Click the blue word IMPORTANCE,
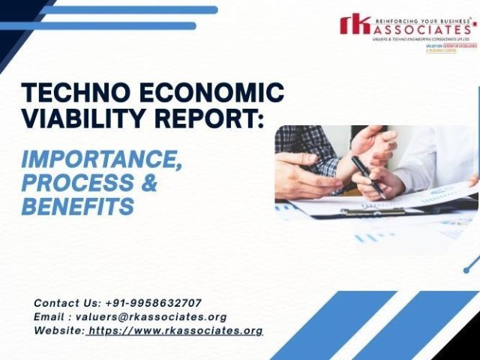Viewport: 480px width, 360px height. click(101, 159)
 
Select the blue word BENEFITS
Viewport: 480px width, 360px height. click(78, 205)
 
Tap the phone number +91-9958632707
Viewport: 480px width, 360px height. click(154, 303)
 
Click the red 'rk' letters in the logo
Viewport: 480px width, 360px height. click(355, 25)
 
